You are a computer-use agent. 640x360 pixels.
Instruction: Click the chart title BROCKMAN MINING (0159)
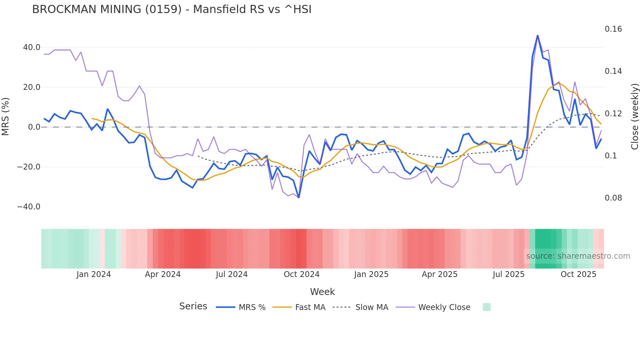click(172, 9)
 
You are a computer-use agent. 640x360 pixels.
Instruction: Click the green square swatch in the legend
click(487, 307)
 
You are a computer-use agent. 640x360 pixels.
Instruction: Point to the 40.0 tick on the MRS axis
click(32, 47)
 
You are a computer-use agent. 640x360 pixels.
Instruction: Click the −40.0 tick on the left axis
click(29, 207)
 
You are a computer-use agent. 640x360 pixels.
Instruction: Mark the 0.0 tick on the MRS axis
click(34, 127)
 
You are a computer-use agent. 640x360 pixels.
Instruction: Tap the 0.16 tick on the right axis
click(613, 29)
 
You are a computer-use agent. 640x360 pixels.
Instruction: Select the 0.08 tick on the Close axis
click(613, 198)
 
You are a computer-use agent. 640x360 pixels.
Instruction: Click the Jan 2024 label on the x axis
click(94, 274)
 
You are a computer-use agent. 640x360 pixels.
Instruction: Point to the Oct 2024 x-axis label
click(301, 274)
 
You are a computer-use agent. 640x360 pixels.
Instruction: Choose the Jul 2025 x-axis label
click(508, 274)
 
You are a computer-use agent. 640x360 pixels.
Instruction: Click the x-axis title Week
click(322, 292)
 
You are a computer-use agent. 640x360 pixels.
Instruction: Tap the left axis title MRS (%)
click(6, 116)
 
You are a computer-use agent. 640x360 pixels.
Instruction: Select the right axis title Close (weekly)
click(634, 116)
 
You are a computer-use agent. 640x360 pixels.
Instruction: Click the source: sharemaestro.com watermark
click(578, 256)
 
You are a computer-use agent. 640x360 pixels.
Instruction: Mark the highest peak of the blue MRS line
click(537, 35)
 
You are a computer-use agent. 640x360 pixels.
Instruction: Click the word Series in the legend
click(193, 306)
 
